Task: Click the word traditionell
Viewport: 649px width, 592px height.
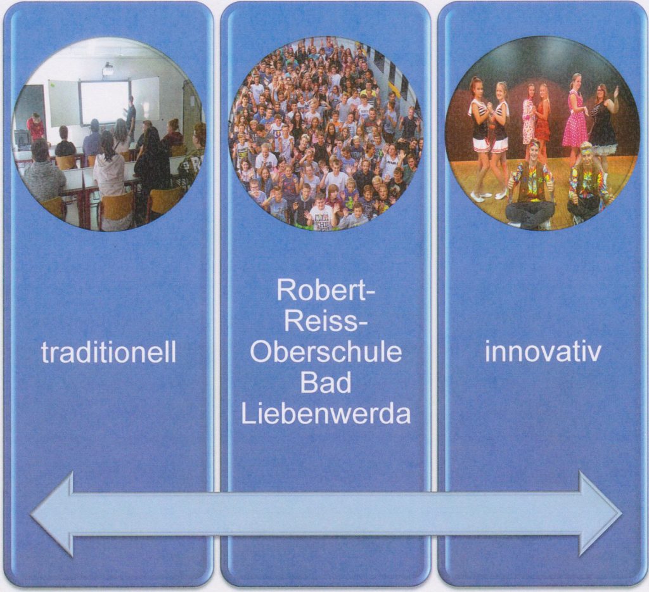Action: (x=108, y=353)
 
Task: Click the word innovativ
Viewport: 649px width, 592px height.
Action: (x=543, y=352)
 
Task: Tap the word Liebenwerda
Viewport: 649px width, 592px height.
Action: (x=325, y=414)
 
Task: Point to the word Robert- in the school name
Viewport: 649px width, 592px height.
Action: (x=325, y=291)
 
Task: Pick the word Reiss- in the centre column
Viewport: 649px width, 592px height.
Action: (x=325, y=321)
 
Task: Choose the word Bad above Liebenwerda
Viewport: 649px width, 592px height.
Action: (x=325, y=383)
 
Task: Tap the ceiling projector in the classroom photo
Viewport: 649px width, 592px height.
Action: (x=108, y=68)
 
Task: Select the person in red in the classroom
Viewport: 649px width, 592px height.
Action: (x=35, y=127)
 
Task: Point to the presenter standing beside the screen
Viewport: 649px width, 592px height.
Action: (x=131, y=117)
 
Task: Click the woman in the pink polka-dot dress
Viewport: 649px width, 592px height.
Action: (x=575, y=114)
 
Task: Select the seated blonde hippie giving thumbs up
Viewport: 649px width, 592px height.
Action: (x=587, y=187)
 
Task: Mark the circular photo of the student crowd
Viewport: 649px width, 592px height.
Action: (x=325, y=133)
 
